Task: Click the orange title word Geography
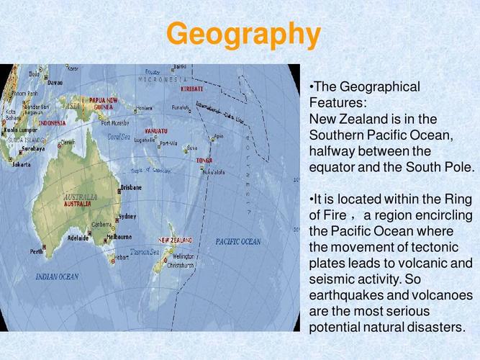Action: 243,34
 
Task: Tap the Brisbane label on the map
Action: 131,187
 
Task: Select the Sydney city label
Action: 127,216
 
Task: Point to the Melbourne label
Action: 119,236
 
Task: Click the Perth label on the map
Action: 36,252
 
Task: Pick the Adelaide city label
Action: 78,237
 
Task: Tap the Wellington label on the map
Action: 184,256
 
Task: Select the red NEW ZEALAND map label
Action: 176,239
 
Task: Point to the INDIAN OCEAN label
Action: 58,276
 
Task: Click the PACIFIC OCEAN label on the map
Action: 238,242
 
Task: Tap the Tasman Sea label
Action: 145,252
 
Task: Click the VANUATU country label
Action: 155,131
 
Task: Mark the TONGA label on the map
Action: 204,160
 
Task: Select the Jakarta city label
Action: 22,164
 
